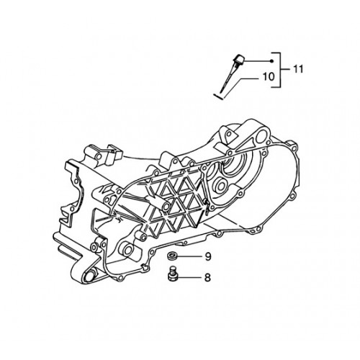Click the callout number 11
[x=298, y=69]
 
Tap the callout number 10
[x=269, y=77]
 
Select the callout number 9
[x=208, y=257]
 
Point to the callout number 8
[x=207, y=278]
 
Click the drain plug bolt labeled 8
[x=172, y=274]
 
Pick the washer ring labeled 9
[x=172, y=255]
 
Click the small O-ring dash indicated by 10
[x=219, y=96]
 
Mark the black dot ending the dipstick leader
[x=271, y=61]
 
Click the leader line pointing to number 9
[x=190, y=256]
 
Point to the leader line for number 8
[x=189, y=278]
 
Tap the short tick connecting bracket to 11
[x=285, y=69]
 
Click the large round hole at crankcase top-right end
[x=261, y=138]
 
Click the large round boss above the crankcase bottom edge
[x=127, y=250]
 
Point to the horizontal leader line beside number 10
[x=251, y=79]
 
